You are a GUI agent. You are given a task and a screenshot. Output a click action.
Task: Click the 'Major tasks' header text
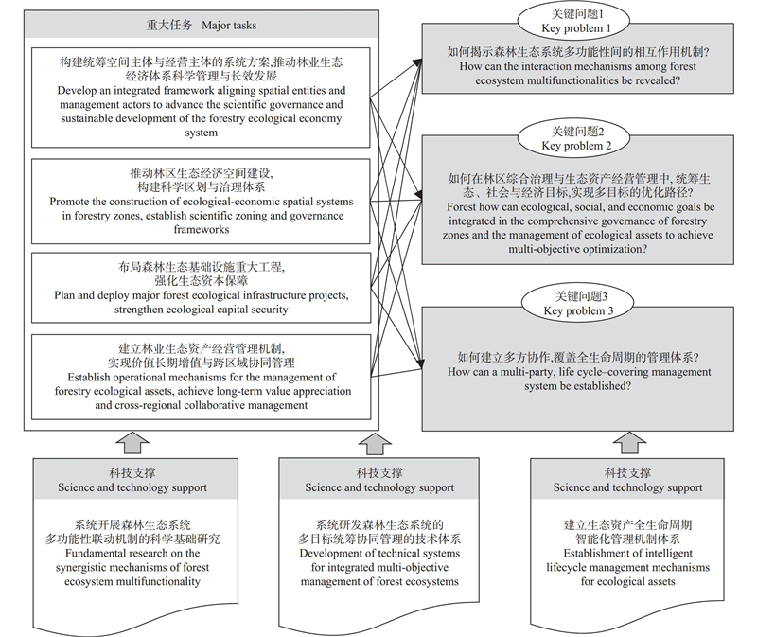pyautogui.click(x=229, y=26)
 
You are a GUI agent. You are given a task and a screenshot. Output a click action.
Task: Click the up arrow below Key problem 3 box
pyautogui.click(x=629, y=442)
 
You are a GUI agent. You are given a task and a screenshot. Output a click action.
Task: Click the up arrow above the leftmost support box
pyautogui.click(x=132, y=442)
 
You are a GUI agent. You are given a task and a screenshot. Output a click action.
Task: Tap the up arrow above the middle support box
pyautogui.click(x=375, y=443)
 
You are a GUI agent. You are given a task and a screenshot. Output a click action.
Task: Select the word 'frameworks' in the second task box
pyautogui.click(x=202, y=229)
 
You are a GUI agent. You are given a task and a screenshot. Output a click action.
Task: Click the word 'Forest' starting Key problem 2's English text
pyautogui.click(x=462, y=207)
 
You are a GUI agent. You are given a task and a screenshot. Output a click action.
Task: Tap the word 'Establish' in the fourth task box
pyautogui.click(x=89, y=377)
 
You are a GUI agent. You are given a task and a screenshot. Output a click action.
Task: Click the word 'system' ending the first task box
pyautogui.click(x=201, y=133)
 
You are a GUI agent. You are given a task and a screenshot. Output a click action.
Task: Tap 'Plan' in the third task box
pyautogui.click(x=63, y=295)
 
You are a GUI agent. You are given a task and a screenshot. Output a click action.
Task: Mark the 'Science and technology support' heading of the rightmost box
pyautogui.click(x=627, y=487)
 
